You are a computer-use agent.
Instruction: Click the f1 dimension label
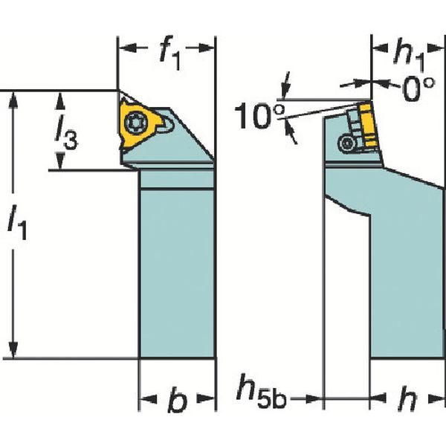tap(170, 54)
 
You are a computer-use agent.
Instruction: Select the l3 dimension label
tap(65, 134)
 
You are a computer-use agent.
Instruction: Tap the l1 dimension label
tap(17, 225)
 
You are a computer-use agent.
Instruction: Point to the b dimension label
tap(178, 399)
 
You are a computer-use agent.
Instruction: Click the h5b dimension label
tap(261, 392)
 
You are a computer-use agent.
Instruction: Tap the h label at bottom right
tap(408, 399)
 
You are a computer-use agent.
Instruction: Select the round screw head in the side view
tap(346, 144)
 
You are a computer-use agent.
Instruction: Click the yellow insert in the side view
tap(369, 126)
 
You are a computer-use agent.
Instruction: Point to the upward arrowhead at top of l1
tap(13, 100)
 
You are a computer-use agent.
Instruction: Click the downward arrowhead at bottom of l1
tap(13, 349)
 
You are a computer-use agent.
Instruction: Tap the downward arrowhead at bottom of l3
tap(59, 161)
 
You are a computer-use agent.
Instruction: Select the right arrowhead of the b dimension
tap(205, 398)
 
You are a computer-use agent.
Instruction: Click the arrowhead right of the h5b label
tap(314, 398)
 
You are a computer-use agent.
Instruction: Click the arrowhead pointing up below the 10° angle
tap(291, 130)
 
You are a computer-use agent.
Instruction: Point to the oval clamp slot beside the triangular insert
tap(166, 126)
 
